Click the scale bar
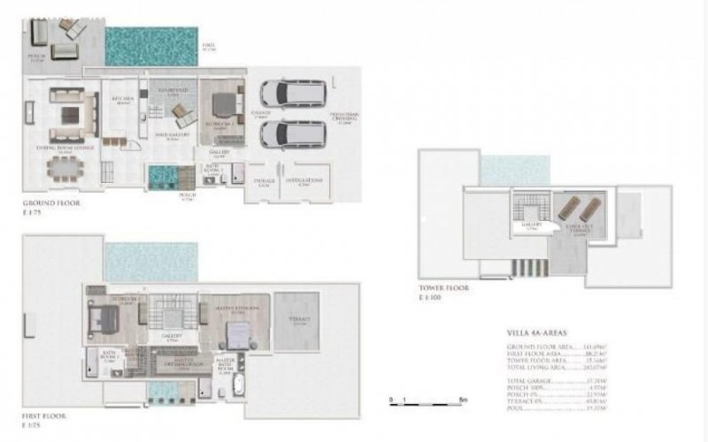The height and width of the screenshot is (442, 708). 423,400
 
